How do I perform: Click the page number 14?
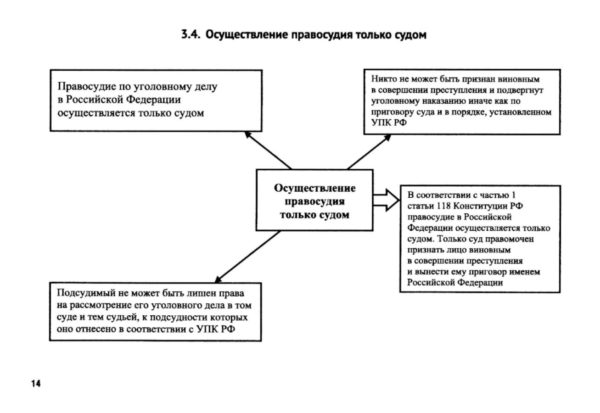[36, 384]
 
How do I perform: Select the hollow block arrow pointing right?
[386, 200]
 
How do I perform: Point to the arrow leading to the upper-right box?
[368, 152]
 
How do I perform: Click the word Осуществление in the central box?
[314, 189]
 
